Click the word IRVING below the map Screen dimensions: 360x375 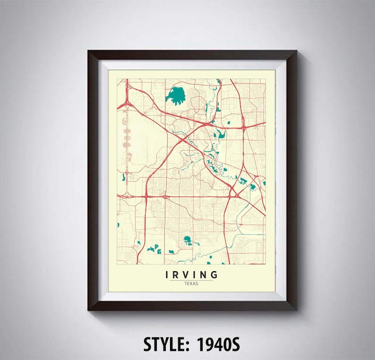[x=192, y=275]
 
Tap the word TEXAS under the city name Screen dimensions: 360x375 [x=192, y=284]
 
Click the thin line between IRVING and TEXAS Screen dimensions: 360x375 [x=192, y=280]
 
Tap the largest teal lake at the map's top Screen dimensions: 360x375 [x=176, y=96]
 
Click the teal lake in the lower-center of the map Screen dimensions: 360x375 [x=187, y=240]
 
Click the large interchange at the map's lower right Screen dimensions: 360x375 [x=232, y=193]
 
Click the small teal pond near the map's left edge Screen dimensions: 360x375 [x=123, y=177]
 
